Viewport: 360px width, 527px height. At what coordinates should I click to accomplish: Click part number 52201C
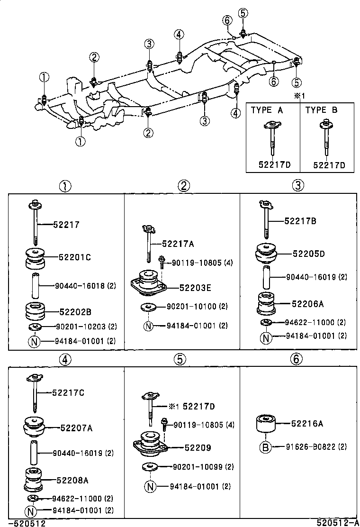tap(75, 257)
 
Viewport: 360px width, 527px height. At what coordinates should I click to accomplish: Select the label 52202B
tap(75, 312)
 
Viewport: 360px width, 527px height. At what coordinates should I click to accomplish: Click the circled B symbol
tap(266, 446)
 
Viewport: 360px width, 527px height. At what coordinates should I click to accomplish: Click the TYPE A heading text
tap(267, 110)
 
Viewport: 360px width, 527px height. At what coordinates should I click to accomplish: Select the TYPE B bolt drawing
tap(326, 140)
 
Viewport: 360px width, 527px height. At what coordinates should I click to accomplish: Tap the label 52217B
tap(300, 220)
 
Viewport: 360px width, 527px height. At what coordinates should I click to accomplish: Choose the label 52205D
tap(308, 254)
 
